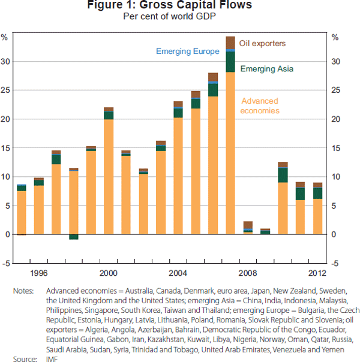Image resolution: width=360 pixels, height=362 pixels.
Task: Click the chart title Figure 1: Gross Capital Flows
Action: click(181, 6)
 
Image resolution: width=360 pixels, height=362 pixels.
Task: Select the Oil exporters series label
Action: click(262, 44)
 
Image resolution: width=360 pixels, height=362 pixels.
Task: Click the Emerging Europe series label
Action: click(188, 52)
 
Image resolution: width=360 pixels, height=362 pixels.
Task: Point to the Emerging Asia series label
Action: click(267, 69)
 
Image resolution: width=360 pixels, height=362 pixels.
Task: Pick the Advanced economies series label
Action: click(259, 106)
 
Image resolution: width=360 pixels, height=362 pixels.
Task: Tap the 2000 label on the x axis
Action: click(109, 273)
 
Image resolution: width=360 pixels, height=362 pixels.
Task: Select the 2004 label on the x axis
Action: click(178, 273)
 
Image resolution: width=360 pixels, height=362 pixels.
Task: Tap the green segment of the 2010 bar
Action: click(283, 175)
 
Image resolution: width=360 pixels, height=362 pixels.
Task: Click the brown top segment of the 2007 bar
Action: click(230, 43)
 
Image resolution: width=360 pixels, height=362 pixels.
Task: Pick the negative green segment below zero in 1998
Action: click(74, 237)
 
